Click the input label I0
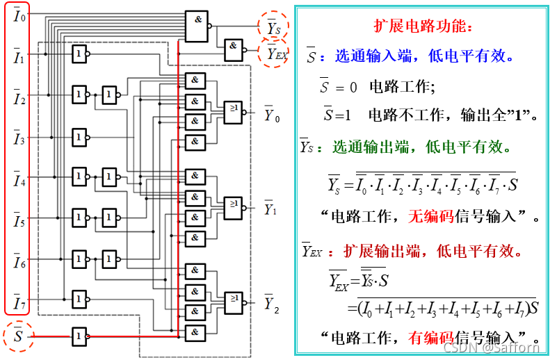(x=19, y=15)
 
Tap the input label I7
(x=19, y=304)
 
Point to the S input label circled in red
(x=18, y=337)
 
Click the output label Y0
(x=272, y=115)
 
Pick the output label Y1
(x=271, y=208)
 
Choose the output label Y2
(x=271, y=304)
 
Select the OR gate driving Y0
(x=234, y=111)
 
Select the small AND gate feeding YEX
(x=234, y=49)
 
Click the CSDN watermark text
(x=491, y=348)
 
